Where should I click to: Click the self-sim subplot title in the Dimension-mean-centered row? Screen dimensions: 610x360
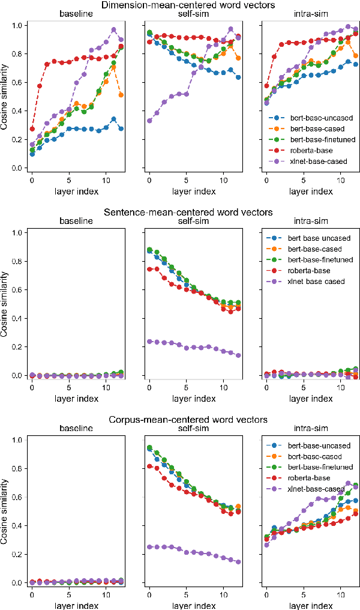pyautogui.click(x=187, y=14)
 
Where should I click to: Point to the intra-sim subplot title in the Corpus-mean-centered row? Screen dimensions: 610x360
pyautogui.click(x=305, y=429)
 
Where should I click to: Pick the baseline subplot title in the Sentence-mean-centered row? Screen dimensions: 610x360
pyautogui.click(x=68, y=222)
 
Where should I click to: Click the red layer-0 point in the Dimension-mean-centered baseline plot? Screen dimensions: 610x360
pyautogui.click(x=32, y=129)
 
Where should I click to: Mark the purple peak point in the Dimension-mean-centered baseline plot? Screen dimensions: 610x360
pyautogui.click(x=113, y=29)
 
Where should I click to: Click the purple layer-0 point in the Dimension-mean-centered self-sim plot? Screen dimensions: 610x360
pyautogui.click(x=149, y=121)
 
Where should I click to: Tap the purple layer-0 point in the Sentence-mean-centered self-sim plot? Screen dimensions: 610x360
pyautogui.click(x=149, y=342)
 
